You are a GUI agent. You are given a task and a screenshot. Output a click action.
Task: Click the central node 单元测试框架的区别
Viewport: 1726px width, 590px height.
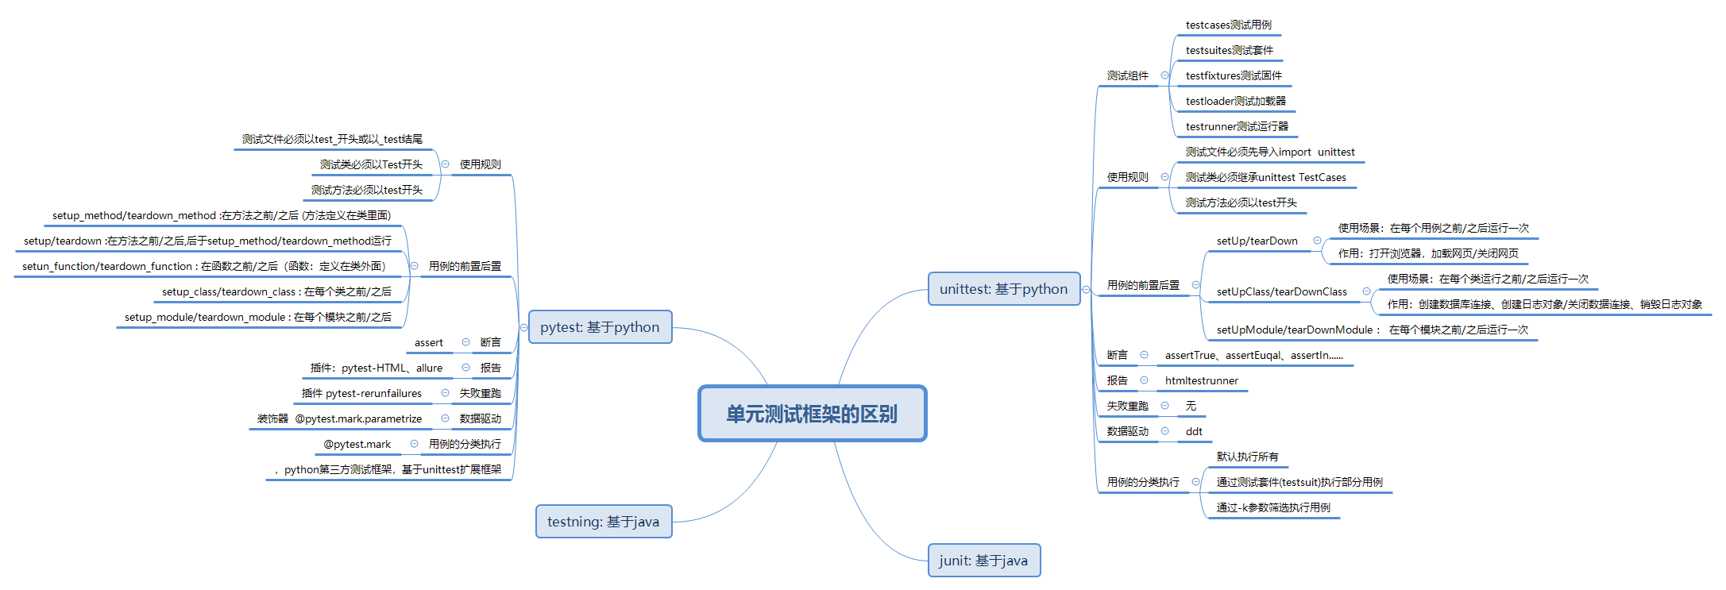point(812,414)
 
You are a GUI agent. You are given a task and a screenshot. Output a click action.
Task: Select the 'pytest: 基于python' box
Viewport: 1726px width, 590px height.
point(600,327)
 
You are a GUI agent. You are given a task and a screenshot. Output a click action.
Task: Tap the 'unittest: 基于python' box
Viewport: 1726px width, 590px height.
point(1003,289)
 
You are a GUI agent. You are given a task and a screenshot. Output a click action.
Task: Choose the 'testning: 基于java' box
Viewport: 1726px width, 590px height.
point(603,522)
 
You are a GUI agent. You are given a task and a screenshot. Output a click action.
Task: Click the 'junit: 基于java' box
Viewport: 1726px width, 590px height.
point(983,561)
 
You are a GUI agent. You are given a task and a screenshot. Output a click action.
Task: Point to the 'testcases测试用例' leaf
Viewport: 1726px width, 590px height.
point(1228,25)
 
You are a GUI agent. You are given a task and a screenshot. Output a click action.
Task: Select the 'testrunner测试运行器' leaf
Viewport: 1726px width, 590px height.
point(1237,127)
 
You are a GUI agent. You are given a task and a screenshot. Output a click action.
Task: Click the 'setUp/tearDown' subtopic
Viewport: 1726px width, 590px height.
point(1257,241)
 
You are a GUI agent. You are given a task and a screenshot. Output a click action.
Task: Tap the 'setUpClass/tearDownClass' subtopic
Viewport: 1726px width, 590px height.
point(1281,292)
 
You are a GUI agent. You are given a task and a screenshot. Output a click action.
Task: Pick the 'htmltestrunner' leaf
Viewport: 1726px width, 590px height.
point(1201,381)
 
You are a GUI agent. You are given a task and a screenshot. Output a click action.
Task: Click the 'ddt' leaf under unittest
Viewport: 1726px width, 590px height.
point(1194,432)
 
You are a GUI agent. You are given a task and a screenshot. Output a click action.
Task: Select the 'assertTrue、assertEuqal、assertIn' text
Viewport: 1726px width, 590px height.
point(1253,356)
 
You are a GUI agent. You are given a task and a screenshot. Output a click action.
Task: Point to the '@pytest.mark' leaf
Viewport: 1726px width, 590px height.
point(357,445)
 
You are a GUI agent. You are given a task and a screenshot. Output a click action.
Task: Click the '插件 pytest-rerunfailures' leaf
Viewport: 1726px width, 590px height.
point(361,394)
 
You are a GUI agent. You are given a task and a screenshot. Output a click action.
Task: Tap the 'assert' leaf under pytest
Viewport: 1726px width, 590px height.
point(428,343)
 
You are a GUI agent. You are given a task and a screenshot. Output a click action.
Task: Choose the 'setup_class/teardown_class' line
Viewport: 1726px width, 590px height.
point(276,292)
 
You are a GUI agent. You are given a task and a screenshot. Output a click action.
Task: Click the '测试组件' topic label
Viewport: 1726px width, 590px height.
point(1127,76)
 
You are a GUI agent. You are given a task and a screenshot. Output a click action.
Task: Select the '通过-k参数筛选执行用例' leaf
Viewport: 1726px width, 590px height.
point(1272,508)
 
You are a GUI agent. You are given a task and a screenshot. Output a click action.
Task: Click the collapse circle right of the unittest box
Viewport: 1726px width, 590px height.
point(1086,290)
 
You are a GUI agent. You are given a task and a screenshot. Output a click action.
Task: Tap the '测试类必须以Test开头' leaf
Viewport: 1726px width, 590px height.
point(371,165)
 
